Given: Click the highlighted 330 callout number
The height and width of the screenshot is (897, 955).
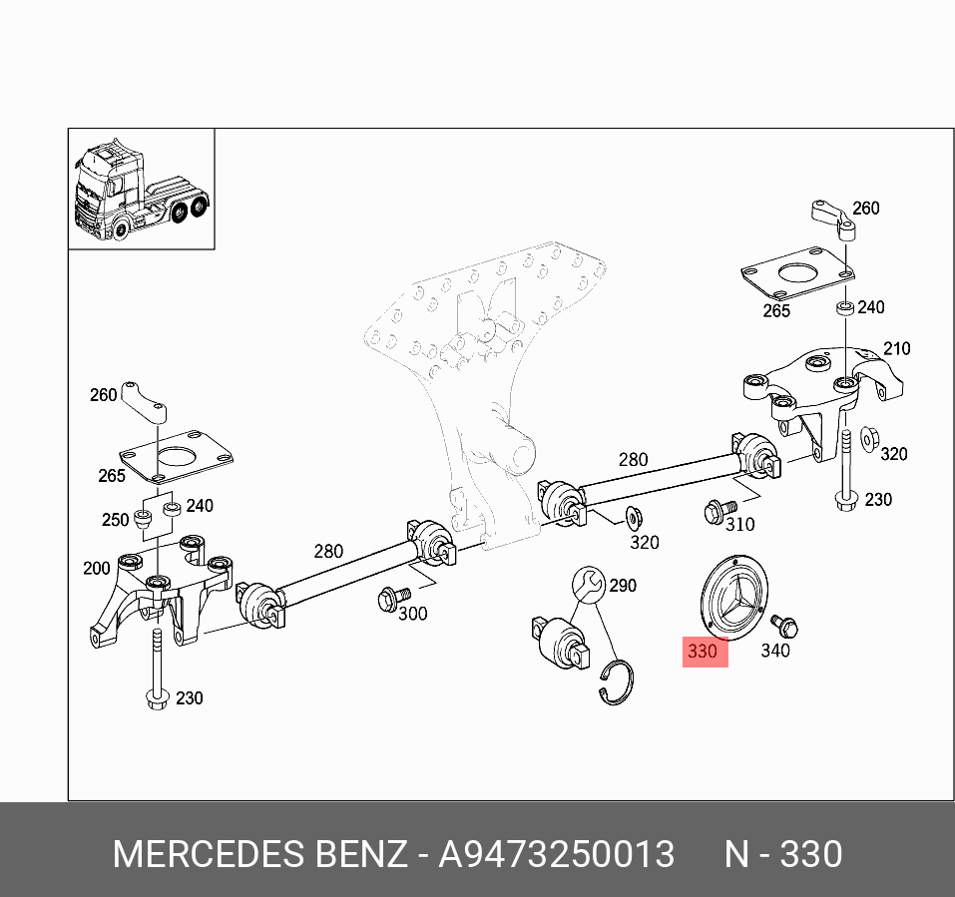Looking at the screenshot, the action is coord(702,652).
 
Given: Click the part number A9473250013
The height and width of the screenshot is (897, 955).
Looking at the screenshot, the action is coord(557,855).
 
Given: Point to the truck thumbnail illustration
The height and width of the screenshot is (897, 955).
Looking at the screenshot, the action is coord(141,190).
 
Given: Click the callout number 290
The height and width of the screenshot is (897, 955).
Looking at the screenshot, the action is coord(623,586).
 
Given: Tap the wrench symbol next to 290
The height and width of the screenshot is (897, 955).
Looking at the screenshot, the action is coord(587,583).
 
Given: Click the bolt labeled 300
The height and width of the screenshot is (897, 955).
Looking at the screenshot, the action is coord(390,599).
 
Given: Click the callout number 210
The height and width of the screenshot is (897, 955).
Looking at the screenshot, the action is coord(896,348).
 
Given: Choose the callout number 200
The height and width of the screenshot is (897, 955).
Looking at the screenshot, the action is coord(97,568).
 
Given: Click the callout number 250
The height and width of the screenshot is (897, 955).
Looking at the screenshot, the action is coord(116,519).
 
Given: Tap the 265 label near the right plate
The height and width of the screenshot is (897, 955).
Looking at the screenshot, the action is coord(775,310).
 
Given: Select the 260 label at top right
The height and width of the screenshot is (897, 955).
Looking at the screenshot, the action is coord(865,208).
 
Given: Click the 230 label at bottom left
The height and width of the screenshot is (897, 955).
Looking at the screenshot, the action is coord(189,697).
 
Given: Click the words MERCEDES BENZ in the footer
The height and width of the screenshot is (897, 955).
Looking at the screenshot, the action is coord(259,855).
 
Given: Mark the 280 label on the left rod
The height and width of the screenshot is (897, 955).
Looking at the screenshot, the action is coord(328,551).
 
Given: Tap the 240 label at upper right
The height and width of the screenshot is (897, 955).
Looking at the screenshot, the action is coord(871,306).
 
